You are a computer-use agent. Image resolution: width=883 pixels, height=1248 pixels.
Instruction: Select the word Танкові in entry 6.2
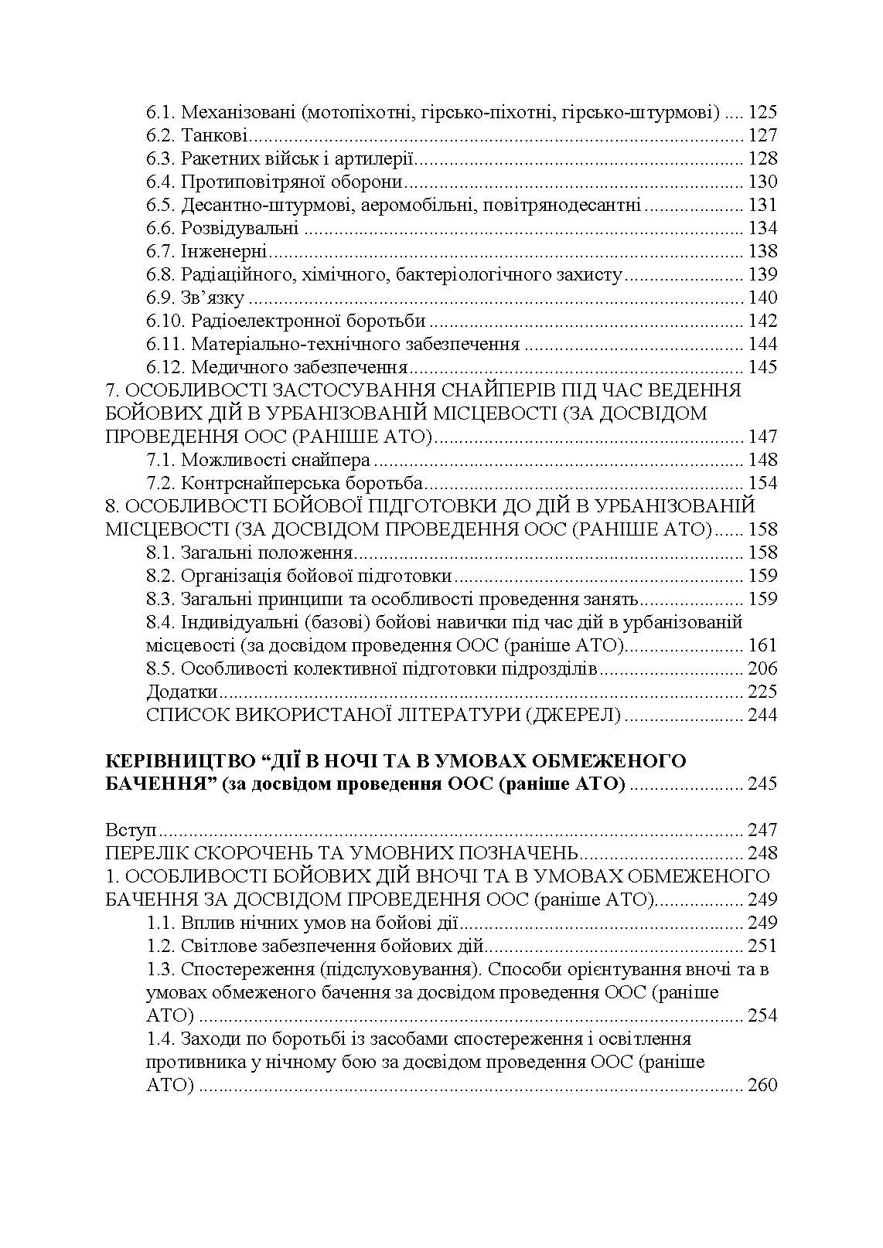214,136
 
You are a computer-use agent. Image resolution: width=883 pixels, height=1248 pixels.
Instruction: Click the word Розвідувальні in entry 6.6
240,229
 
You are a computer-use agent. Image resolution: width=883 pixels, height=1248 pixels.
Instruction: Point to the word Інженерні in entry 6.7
224,252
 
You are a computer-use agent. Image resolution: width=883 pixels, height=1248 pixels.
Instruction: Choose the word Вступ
131,831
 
